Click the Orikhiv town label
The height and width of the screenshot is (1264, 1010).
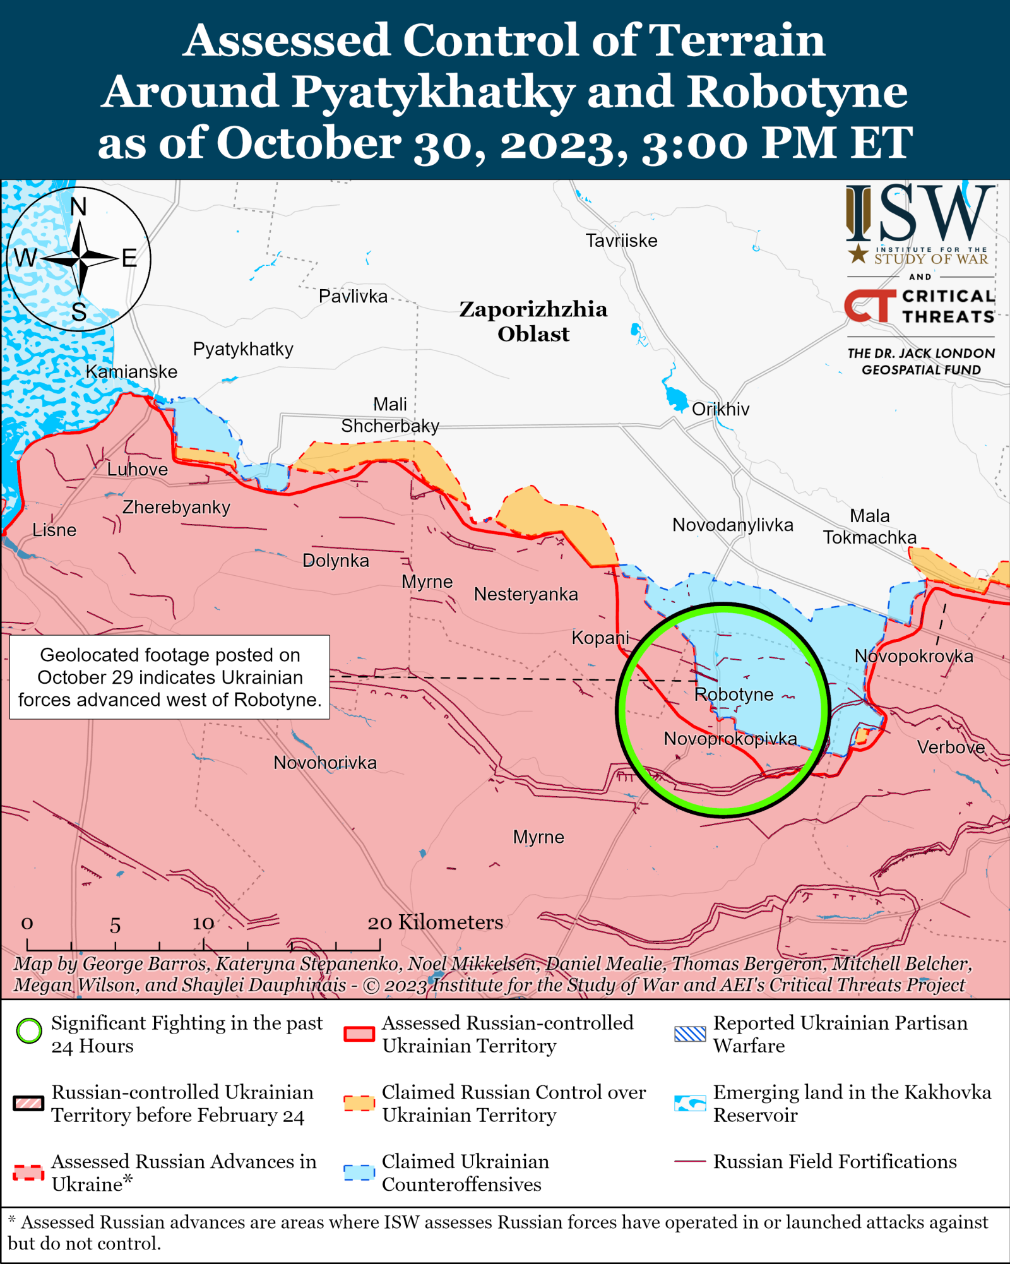point(720,409)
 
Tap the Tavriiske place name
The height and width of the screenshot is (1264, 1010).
point(621,241)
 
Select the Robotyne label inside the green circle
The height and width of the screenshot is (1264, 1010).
point(734,695)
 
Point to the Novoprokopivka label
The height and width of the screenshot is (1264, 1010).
point(730,739)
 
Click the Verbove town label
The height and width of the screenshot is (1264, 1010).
point(951,748)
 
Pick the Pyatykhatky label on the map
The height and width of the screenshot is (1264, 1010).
point(243,349)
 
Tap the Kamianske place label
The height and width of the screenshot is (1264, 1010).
point(131,372)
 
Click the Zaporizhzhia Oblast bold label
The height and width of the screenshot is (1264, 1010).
point(533,321)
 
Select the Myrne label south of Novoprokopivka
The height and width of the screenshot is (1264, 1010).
point(538,837)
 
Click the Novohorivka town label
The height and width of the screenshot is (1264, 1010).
point(324,763)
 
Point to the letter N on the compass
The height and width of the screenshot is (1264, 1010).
point(78,206)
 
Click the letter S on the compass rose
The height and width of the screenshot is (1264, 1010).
point(79,312)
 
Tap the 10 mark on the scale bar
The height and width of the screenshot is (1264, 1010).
point(203,924)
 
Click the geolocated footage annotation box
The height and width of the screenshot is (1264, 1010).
point(169,677)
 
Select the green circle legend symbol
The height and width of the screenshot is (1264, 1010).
point(29,1031)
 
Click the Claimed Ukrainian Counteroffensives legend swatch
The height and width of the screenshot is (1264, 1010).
point(359,1172)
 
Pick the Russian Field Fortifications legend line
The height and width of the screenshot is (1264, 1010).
point(689,1161)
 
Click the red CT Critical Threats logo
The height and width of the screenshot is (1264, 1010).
point(870,306)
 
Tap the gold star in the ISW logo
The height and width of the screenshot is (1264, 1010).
point(858,254)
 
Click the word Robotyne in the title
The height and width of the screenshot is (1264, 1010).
point(797,92)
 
